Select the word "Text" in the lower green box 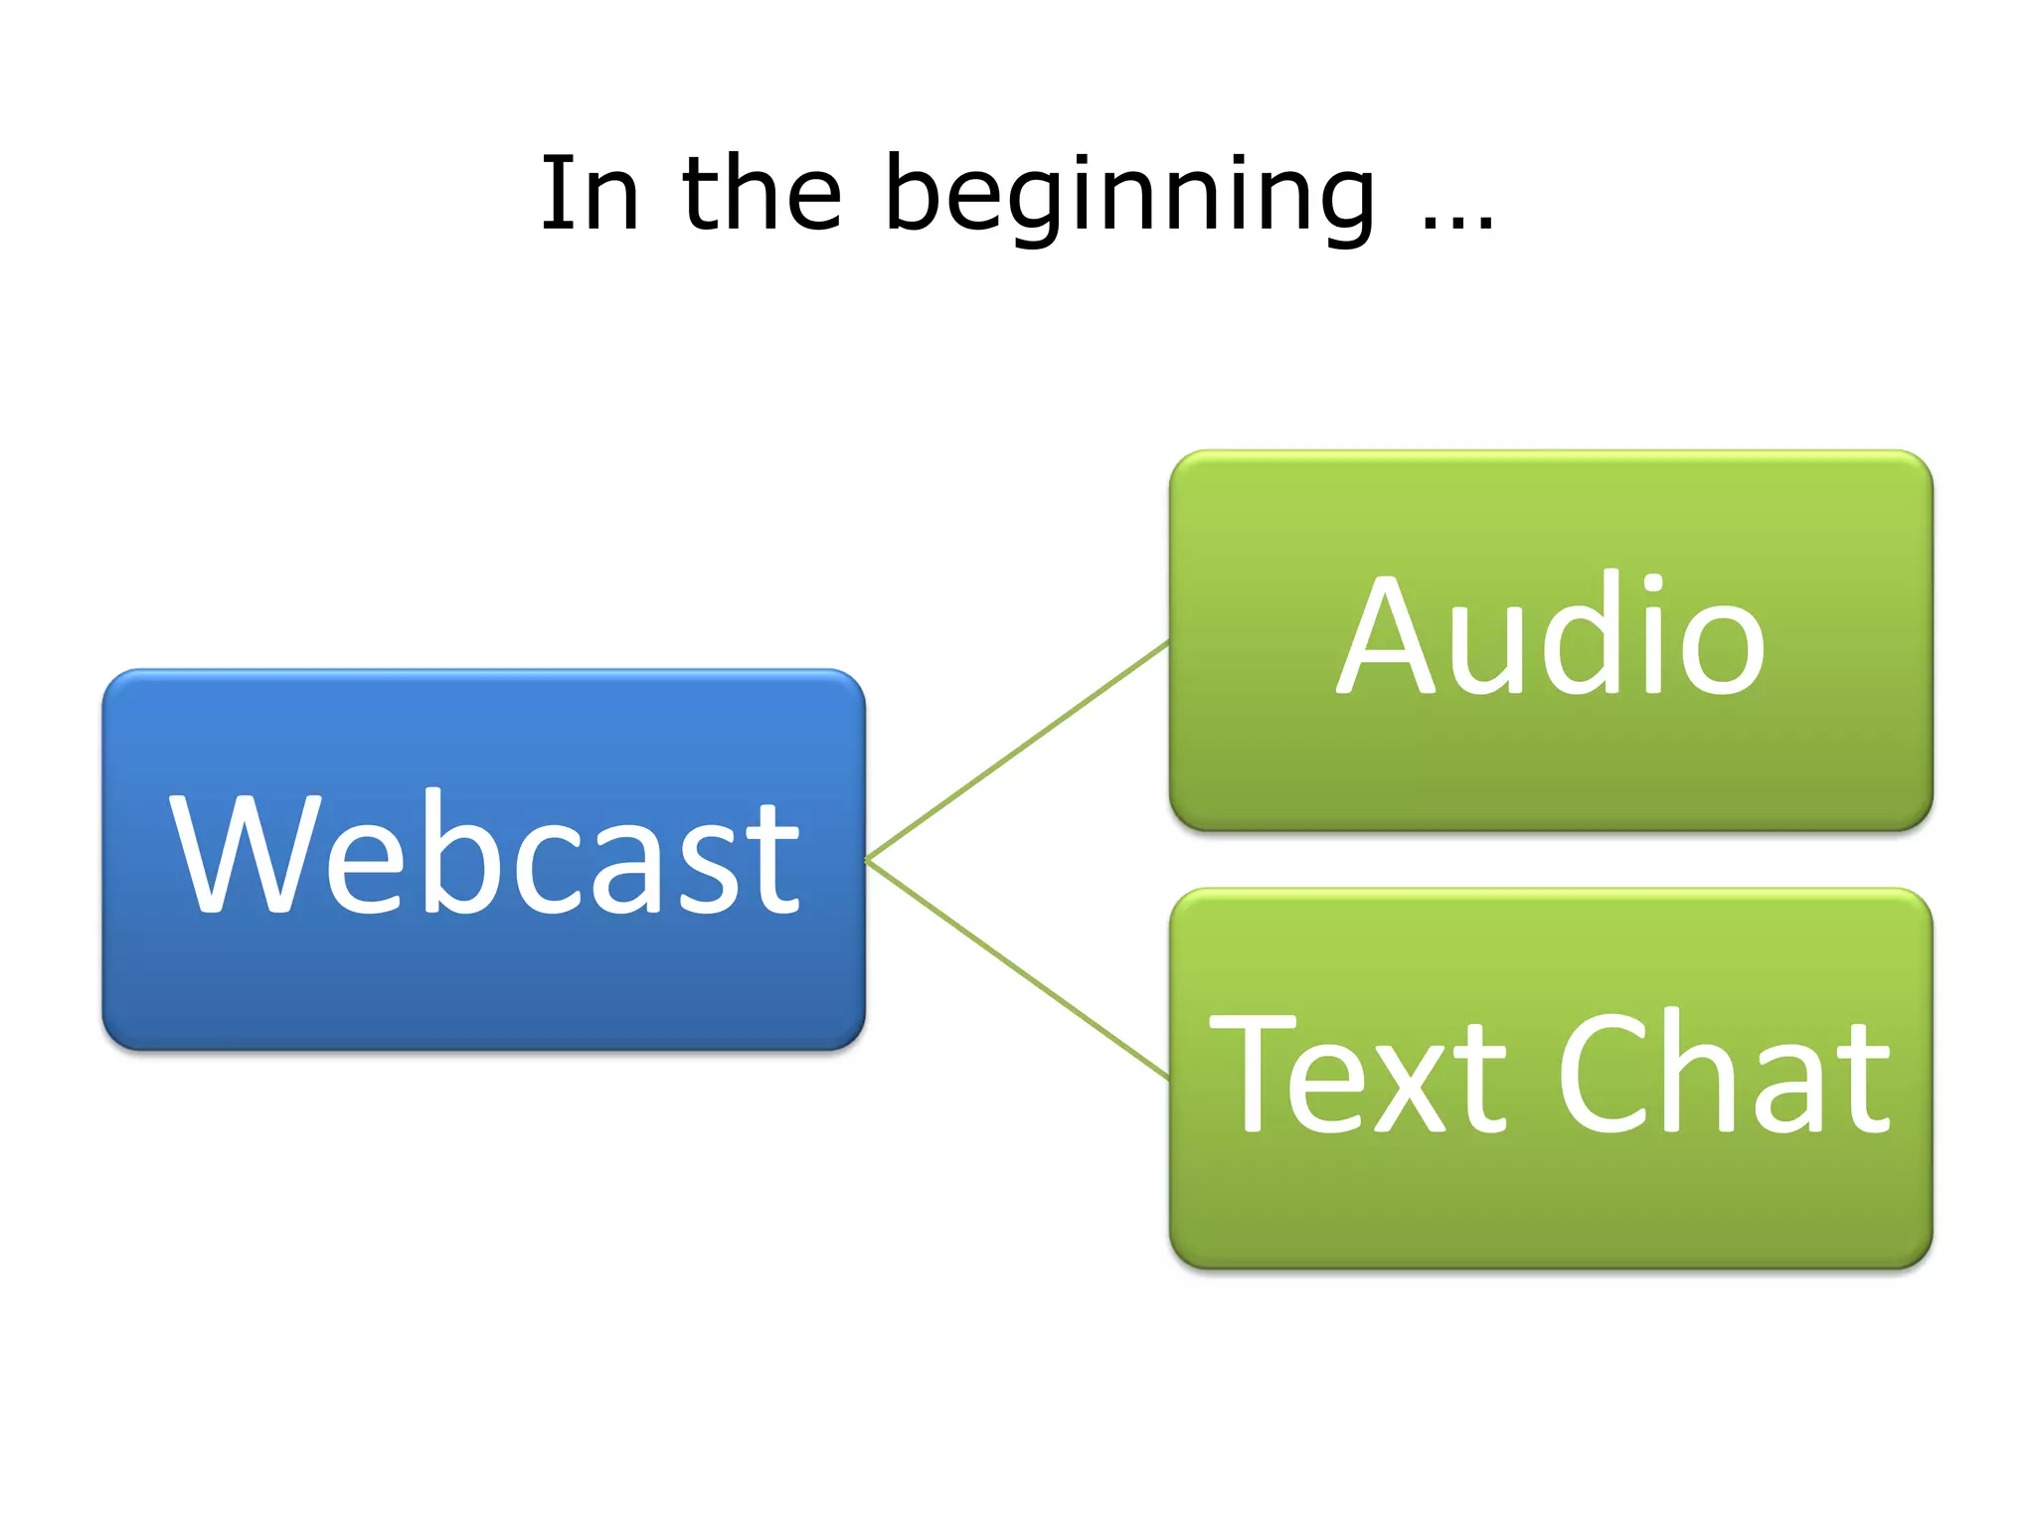pyautogui.click(x=1358, y=1074)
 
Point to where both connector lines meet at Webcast pyautogui.click(x=868, y=860)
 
